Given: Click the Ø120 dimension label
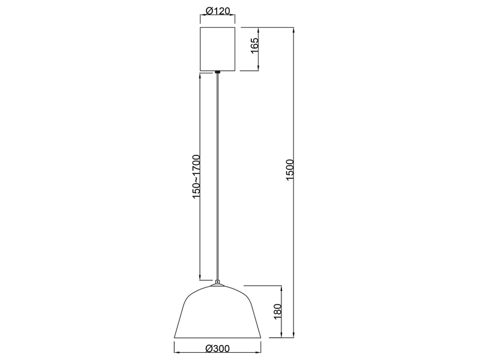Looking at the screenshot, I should (217, 11).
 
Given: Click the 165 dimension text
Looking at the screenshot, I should (254, 47).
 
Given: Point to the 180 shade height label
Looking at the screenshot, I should (278, 311).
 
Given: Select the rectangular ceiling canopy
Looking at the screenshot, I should (217, 48).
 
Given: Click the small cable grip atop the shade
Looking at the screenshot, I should (217, 281).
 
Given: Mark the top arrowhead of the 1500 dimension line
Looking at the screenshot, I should (295, 29).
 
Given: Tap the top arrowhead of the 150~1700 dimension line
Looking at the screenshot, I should (200, 76).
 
